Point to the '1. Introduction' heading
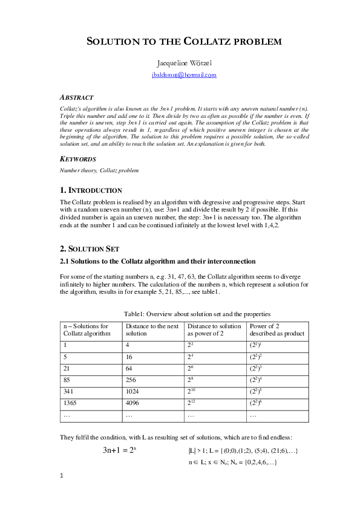click(x=91, y=190)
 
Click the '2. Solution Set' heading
click(x=90, y=248)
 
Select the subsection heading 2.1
click(x=157, y=261)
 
